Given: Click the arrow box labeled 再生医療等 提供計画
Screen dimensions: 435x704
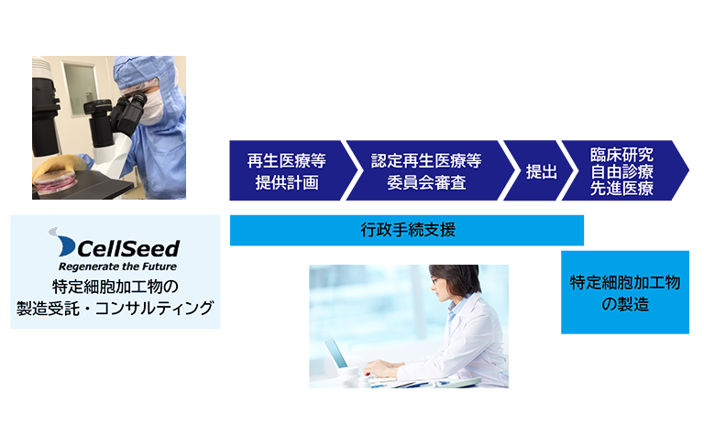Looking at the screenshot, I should pos(286,171).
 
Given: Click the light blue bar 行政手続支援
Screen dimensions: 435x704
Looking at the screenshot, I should pos(407,231).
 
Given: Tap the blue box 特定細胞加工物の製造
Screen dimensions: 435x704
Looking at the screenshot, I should pos(624,293).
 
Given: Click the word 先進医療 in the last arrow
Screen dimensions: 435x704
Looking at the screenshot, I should pos(622,189).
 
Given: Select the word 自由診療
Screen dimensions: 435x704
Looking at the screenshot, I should pos(622,171).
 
